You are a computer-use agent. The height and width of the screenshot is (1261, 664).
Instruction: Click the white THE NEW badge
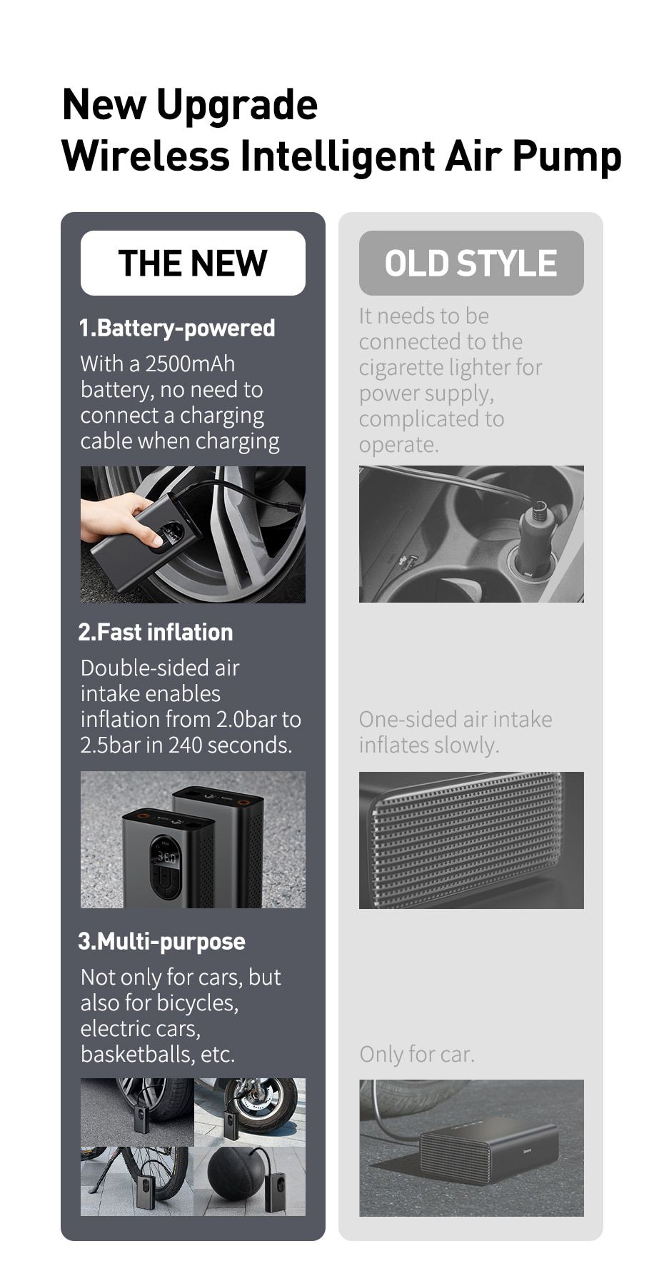pos(193,263)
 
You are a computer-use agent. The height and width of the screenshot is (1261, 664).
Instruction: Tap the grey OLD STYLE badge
pos(471,263)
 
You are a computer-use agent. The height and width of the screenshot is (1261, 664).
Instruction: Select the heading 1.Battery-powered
pos(177,328)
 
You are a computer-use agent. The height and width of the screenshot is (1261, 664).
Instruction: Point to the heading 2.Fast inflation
pos(156,632)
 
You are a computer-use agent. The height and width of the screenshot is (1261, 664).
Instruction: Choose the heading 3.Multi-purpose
pos(162,941)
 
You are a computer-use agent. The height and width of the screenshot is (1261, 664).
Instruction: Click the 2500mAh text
pos(190,363)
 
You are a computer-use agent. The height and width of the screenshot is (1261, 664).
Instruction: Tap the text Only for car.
pos(417,1054)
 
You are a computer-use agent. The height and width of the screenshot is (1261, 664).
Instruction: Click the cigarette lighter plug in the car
pos(536,536)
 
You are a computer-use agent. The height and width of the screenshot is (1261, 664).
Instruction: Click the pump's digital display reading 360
pos(166,857)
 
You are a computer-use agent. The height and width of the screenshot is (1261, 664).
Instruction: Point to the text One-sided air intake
pos(456,719)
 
